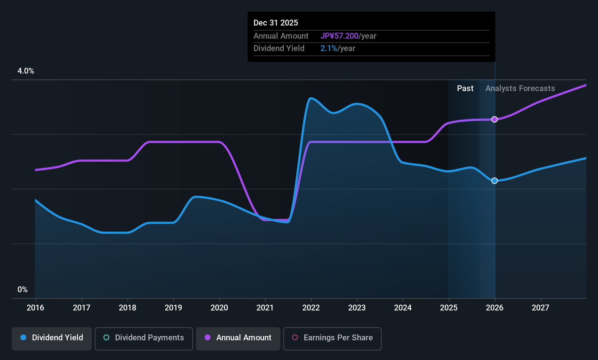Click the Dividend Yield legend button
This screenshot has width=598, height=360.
click(51, 339)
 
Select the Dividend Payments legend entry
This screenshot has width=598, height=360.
click(143, 339)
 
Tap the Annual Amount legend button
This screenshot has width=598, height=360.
click(238, 339)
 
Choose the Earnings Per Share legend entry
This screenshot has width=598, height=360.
click(333, 339)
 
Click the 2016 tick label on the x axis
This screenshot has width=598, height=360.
click(35, 308)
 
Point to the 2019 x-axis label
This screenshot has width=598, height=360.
click(173, 308)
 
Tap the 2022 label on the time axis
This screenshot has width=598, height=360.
click(311, 308)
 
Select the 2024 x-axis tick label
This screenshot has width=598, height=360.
click(403, 308)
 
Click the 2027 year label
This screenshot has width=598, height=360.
click(540, 308)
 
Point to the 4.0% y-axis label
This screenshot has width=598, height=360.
click(25, 71)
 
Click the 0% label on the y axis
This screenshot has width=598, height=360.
click(23, 290)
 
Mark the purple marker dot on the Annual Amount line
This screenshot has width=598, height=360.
click(495, 120)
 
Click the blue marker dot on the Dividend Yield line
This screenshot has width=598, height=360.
click(495, 181)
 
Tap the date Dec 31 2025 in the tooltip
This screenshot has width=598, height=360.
click(275, 23)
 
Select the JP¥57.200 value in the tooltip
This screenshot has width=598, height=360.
click(339, 36)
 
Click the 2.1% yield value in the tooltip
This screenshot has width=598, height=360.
click(328, 48)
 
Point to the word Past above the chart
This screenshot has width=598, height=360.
click(465, 89)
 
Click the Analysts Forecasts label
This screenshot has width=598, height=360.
click(520, 89)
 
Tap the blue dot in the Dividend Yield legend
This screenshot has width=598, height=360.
click(24, 337)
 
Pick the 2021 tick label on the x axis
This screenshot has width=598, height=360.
click(265, 308)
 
